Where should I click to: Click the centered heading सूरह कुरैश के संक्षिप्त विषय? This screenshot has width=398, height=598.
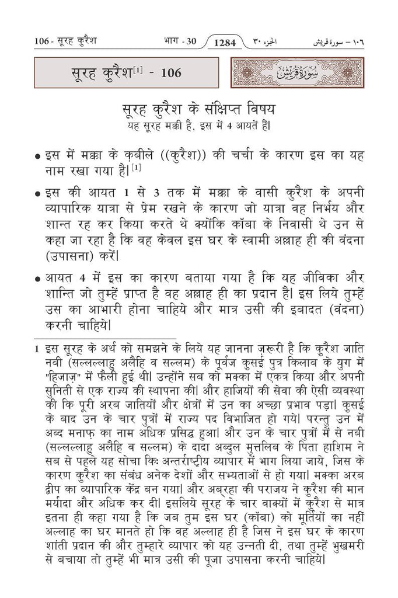[198, 110]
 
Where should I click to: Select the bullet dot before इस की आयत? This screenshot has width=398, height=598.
[37, 193]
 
